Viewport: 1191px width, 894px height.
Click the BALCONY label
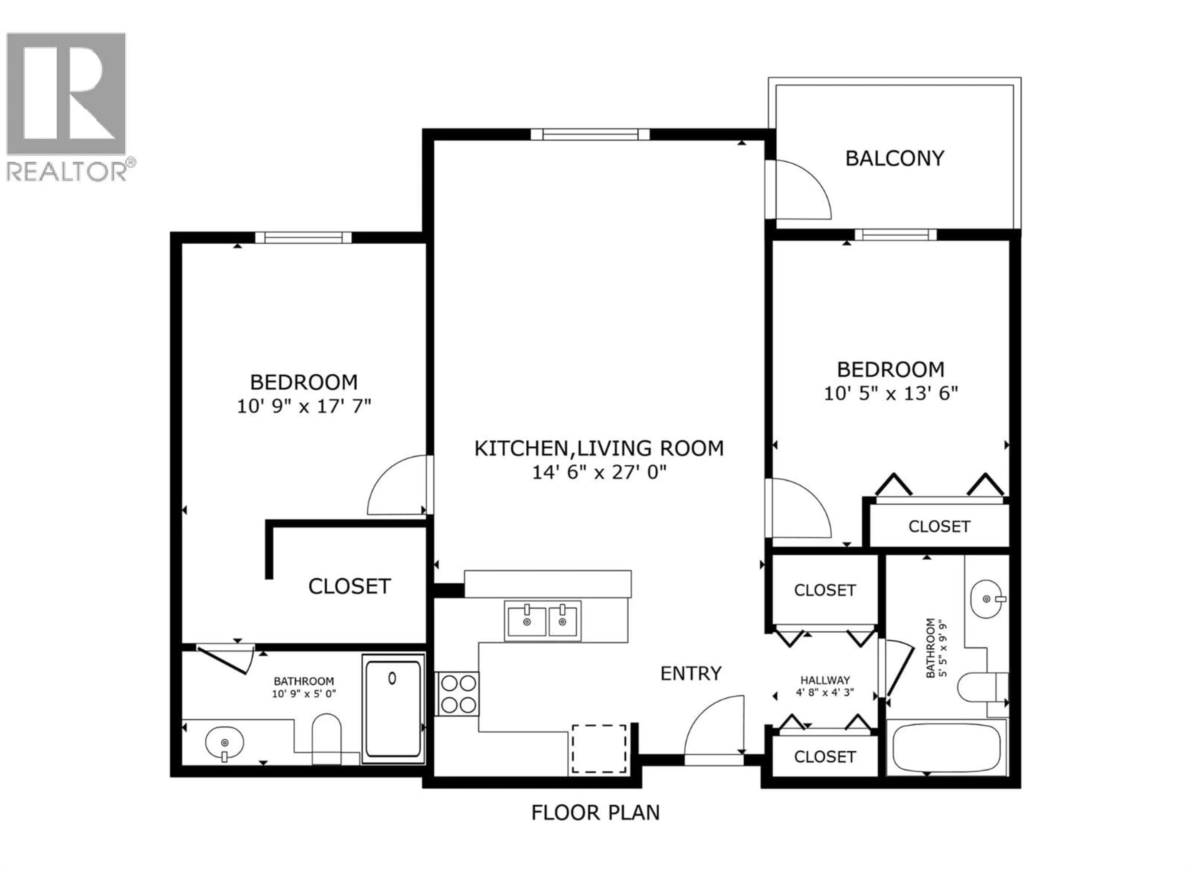click(894, 158)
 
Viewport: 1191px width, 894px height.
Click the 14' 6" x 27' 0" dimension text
click(599, 472)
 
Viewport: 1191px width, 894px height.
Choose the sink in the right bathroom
click(987, 599)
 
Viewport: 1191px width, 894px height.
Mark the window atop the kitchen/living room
click(590, 134)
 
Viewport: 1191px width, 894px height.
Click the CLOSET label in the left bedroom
click(349, 586)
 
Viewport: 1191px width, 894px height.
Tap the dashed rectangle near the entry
click(599, 749)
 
